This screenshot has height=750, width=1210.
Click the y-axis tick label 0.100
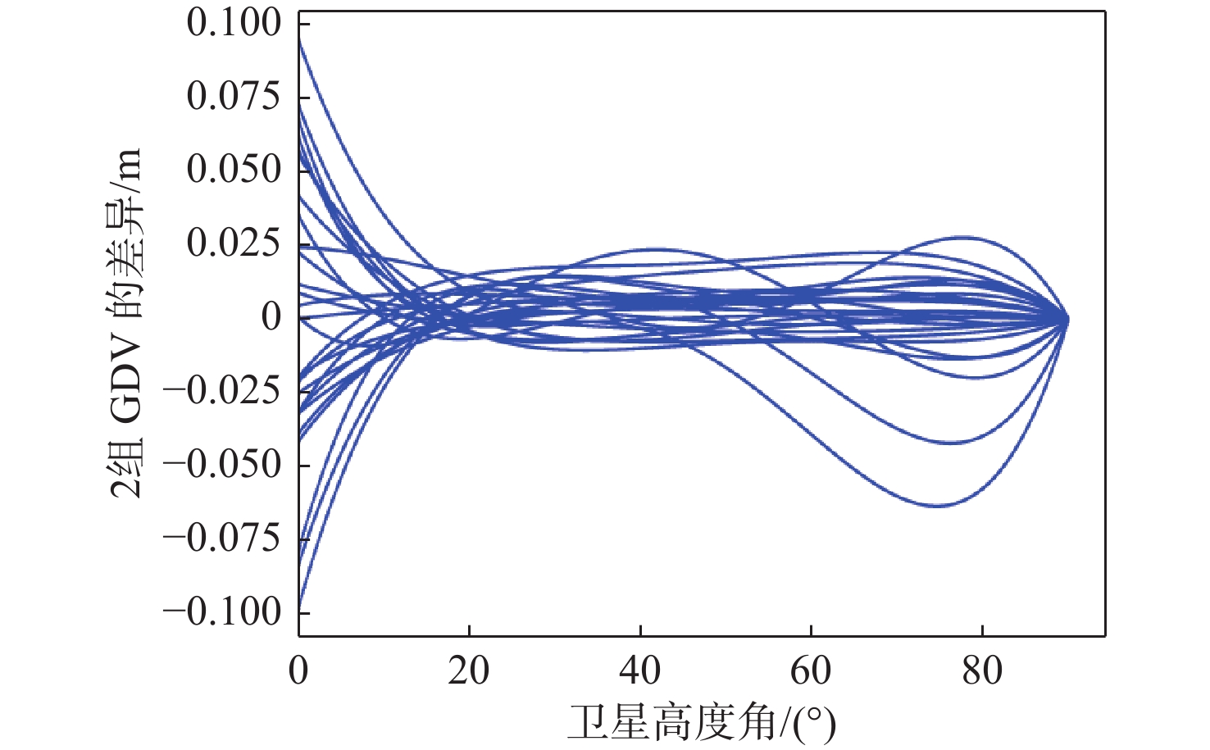[234, 23]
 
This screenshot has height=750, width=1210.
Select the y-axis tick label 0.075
[234, 97]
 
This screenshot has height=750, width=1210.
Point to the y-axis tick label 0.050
[234, 170]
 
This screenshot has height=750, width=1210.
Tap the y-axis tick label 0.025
[234, 243]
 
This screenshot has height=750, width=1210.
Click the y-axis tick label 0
[271, 317]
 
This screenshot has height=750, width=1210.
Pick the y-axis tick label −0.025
[222, 391]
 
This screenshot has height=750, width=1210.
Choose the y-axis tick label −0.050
[222, 465]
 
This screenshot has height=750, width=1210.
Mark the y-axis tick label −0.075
[222, 539]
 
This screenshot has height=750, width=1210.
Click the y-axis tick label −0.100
[222, 611]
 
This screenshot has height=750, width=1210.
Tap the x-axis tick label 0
[298, 671]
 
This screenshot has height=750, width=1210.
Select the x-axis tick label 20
[469, 671]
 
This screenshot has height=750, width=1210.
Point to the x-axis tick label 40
[640, 671]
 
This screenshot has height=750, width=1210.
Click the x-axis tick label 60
[811, 671]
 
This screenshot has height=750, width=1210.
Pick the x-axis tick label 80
[982, 671]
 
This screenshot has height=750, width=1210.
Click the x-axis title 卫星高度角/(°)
[702, 723]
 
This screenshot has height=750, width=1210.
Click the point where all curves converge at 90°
[1067, 320]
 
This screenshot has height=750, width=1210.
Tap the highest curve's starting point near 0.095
[299, 39]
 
